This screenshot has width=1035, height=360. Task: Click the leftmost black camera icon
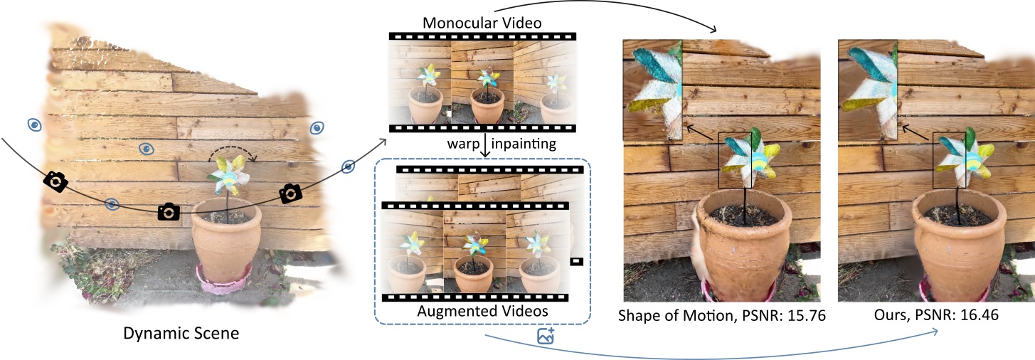55,182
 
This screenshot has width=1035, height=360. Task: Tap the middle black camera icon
168,211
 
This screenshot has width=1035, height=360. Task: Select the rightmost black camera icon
290,193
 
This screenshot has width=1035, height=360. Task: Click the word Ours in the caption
892,316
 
